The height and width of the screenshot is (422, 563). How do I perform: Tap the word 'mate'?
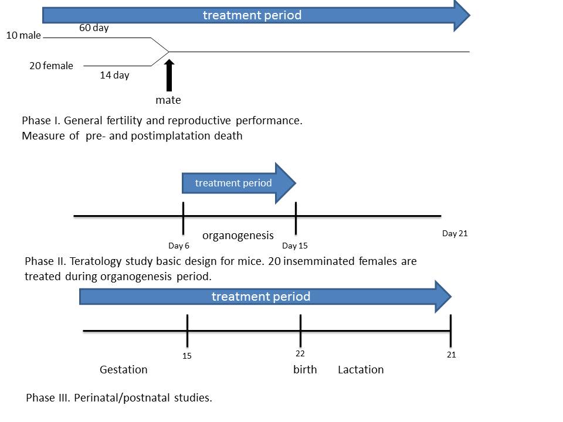click(168, 100)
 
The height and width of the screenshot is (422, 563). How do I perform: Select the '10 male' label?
click(23, 36)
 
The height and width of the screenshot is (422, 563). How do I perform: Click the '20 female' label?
click(51, 66)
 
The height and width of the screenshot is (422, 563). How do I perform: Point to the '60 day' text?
click(94, 28)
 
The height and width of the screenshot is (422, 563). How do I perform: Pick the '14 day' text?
click(114, 75)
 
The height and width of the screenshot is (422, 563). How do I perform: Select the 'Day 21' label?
click(455, 233)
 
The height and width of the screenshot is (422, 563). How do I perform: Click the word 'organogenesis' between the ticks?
click(238, 236)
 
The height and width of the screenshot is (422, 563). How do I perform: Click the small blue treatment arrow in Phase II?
click(235, 183)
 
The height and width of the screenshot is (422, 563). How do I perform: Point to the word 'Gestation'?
click(123, 370)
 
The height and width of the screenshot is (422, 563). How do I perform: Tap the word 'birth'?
click(305, 370)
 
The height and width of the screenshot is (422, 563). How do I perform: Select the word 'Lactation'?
click(361, 370)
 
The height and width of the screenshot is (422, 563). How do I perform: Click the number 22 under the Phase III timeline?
click(300, 353)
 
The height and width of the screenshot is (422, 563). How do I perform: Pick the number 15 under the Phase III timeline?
click(187, 356)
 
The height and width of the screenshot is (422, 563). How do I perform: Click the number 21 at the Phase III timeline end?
click(451, 355)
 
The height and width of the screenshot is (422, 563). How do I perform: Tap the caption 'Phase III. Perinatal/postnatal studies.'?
click(119, 398)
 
